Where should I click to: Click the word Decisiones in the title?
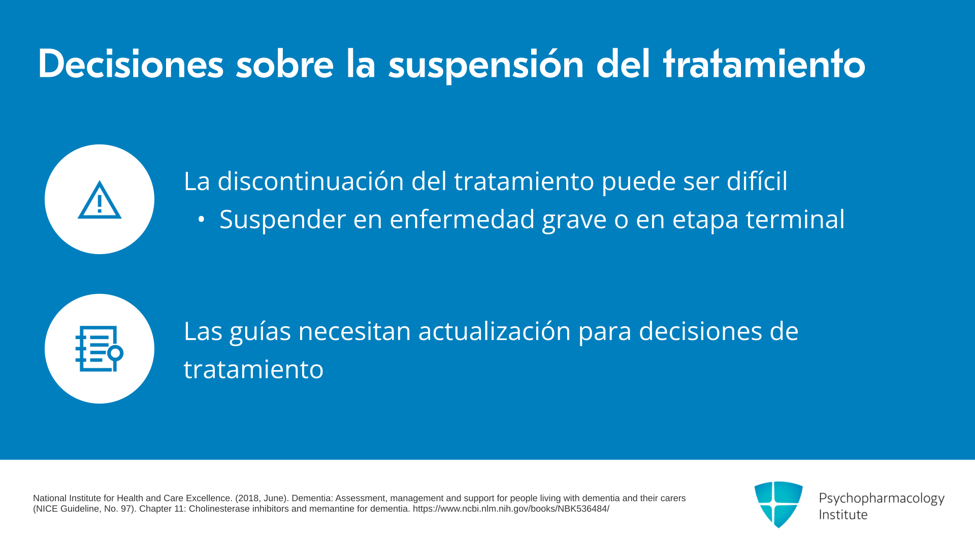(131, 64)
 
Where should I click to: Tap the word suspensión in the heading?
(486, 66)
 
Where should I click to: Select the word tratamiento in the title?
(764, 64)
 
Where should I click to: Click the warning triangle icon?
(100, 200)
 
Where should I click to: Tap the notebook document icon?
(100, 349)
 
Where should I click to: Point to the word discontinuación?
(311, 181)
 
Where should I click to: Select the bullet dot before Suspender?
(202, 220)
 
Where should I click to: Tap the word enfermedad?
(462, 219)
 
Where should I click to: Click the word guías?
(261, 332)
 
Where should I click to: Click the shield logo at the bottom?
(778, 504)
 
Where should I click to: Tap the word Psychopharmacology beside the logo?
(882, 499)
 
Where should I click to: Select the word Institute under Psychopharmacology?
(843, 514)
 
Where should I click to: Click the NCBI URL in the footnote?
(511, 509)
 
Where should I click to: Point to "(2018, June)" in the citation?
(262, 498)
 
